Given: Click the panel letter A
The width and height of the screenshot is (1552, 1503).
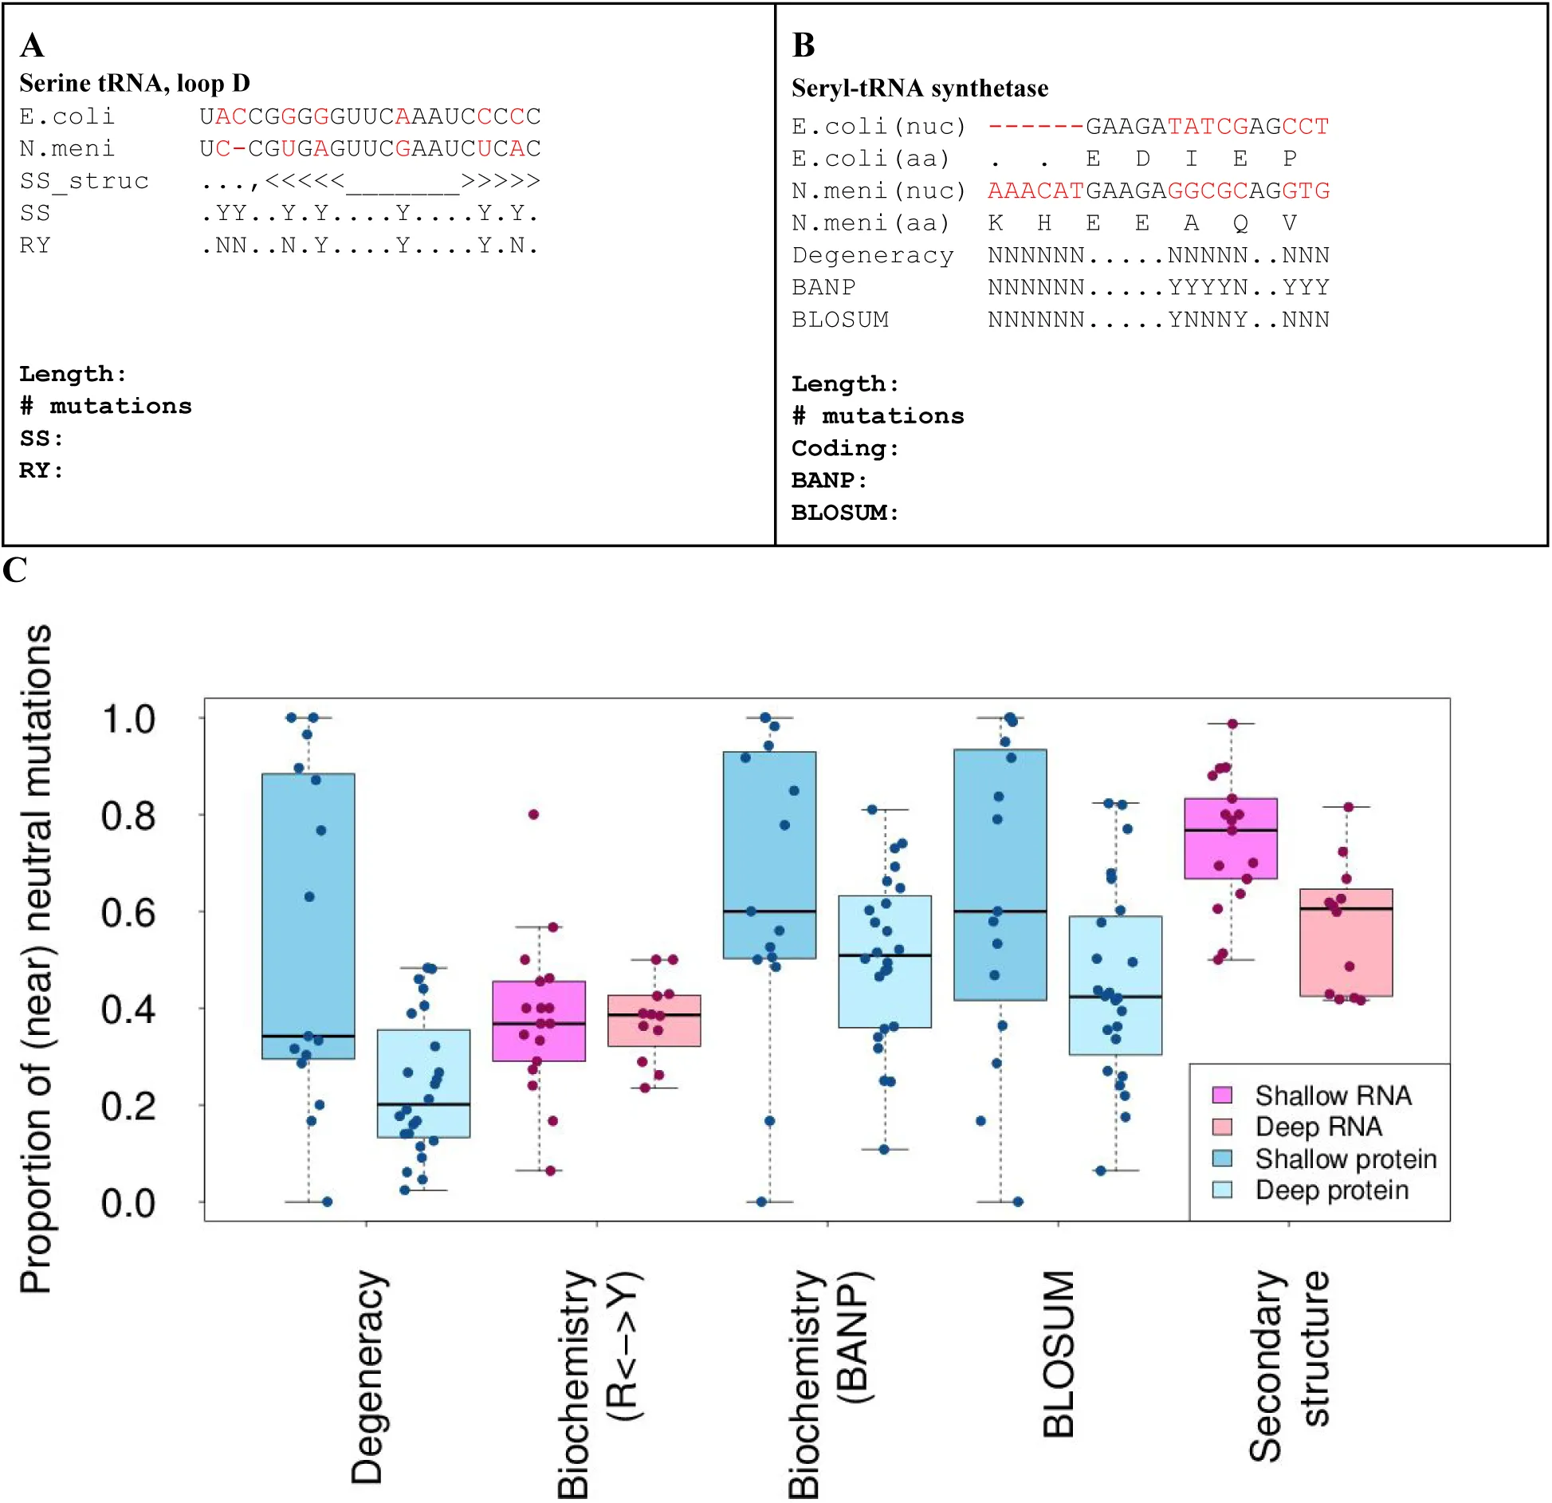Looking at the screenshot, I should click(x=32, y=45).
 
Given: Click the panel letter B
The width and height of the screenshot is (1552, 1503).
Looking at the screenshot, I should click(x=804, y=45).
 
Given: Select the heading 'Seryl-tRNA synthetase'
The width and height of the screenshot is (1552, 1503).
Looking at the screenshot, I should click(x=919, y=88).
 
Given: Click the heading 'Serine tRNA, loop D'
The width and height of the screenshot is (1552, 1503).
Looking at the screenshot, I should click(x=134, y=83).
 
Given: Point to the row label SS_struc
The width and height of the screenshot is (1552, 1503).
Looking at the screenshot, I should click(x=84, y=181).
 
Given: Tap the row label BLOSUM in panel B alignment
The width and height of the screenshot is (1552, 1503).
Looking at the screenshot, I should click(x=839, y=320).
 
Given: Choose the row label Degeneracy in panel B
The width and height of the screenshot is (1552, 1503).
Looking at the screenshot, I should click(x=872, y=255).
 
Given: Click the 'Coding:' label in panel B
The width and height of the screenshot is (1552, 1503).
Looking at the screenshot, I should click(x=844, y=448).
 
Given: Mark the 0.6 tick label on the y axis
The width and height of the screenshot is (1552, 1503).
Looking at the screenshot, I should click(x=128, y=912).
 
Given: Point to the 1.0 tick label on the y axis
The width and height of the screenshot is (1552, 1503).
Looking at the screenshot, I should click(x=128, y=718).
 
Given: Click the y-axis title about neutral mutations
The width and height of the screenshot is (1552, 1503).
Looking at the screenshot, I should click(x=36, y=957).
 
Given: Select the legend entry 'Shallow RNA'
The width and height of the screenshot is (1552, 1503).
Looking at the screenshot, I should click(x=1332, y=1095).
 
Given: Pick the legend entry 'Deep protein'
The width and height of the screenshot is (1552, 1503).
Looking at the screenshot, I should click(x=1331, y=1190).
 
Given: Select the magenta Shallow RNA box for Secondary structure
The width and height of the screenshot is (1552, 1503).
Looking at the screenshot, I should click(x=1231, y=838).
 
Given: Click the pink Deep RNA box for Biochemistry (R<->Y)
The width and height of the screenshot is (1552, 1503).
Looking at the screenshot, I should click(x=654, y=1021).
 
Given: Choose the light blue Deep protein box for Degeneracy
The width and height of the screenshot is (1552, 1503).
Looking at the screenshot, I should click(x=423, y=1083).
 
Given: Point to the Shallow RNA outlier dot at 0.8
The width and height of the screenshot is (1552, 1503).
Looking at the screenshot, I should click(x=533, y=814).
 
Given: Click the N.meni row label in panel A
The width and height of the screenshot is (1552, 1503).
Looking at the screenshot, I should click(x=67, y=148).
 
